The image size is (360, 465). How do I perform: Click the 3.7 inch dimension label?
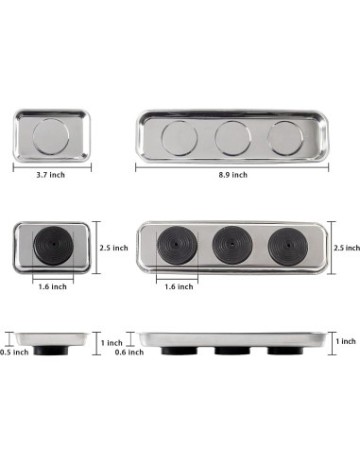(x=50, y=175)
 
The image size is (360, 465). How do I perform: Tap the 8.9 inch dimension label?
(x=233, y=175)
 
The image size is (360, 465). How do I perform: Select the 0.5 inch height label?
(x=14, y=353)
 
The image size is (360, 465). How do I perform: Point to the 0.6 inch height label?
(x=129, y=353)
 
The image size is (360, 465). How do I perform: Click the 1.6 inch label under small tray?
(x=53, y=286)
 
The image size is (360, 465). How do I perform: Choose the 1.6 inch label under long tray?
(x=179, y=286)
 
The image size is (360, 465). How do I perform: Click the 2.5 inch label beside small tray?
(x=114, y=248)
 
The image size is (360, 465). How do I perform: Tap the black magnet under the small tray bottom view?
(x=53, y=245)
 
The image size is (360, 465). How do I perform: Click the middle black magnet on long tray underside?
(x=232, y=245)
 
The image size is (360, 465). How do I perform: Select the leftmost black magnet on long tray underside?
(x=178, y=245)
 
